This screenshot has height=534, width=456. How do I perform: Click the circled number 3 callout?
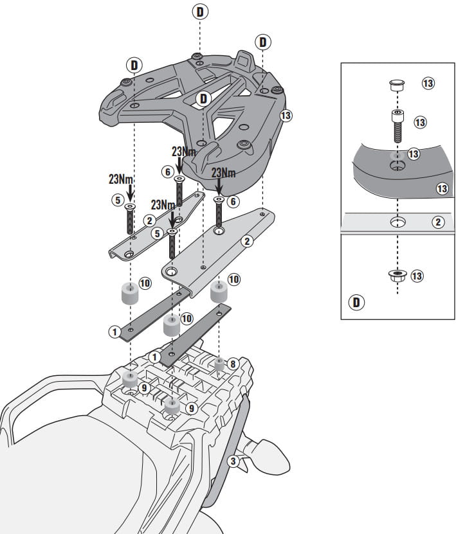click(233, 461)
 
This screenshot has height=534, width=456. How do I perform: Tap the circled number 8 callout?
click(233, 364)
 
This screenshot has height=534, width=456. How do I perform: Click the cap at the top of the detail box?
click(397, 85)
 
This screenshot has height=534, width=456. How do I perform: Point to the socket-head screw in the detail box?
click(397, 125)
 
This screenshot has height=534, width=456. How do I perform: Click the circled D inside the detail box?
click(356, 302)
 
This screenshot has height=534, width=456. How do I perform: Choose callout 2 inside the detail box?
click(438, 222)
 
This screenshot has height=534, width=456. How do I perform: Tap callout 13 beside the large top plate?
click(286, 116)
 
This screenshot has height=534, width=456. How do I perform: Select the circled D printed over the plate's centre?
click(203, 99)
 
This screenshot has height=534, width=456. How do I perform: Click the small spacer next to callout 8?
click(220, 364)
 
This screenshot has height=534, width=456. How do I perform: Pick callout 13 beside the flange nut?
click(417, 276)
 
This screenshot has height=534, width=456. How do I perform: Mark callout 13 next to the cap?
click(428, 83)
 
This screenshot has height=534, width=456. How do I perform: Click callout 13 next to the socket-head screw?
click(420, 122)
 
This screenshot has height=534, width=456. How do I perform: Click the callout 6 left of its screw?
click(167, 172)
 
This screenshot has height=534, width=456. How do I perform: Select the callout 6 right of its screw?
click(233, 202)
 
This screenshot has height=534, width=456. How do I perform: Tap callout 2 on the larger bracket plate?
click(247, 242)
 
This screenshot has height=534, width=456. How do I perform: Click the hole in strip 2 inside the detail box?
click(397, 222)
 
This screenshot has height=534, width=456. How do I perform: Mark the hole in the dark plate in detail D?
click(397, 166)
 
